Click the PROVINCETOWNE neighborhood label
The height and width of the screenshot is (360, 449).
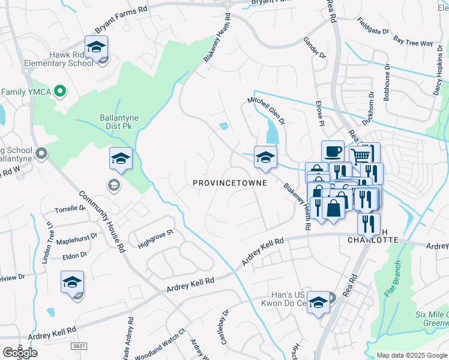coord(230,182)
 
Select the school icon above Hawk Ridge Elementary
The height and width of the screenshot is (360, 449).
coord(95,46)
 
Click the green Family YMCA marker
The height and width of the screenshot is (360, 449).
coord(59,91)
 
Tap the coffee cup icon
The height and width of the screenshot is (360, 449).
coord(333,151)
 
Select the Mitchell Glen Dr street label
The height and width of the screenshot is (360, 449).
coord(267,112)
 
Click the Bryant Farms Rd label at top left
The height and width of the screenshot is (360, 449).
coord(121,28)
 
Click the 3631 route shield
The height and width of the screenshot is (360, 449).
coord(79,346)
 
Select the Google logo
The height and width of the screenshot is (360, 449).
coord(20,353)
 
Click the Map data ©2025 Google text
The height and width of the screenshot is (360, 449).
coord(411,355)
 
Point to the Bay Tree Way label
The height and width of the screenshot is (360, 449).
coord(413,43)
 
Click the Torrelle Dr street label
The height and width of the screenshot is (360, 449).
coord(70,209)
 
